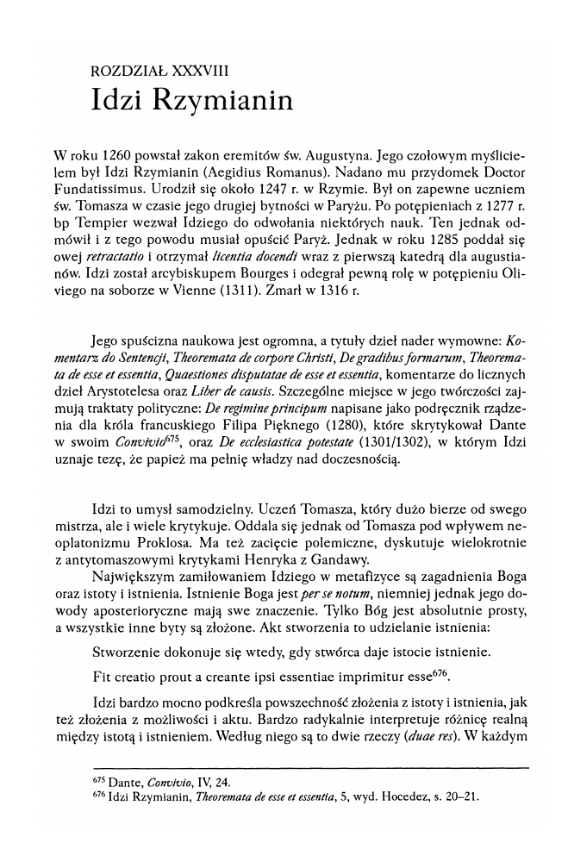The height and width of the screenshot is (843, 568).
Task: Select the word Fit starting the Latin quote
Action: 102,674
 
